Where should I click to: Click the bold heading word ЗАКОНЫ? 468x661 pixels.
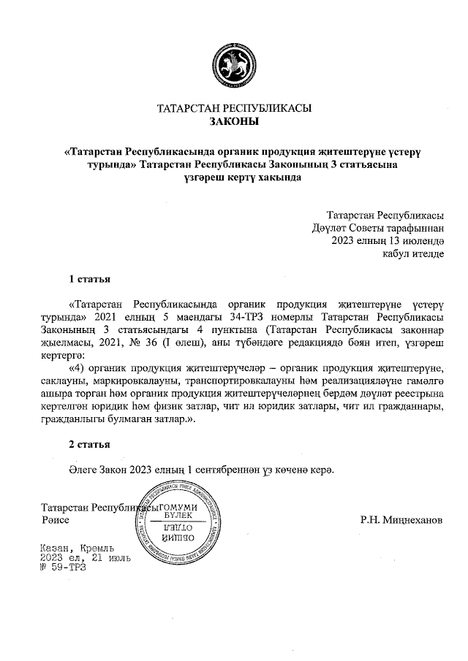(x=234, y=122)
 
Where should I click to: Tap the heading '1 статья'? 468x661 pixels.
(x=89, y=278)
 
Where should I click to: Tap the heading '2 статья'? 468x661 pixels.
(x=89, y=444)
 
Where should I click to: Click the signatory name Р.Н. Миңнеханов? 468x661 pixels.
(x=401, y=521)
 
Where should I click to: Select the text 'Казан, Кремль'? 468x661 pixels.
(x=77, y=548)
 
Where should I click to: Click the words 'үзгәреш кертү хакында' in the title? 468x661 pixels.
(x=234, y=177)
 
